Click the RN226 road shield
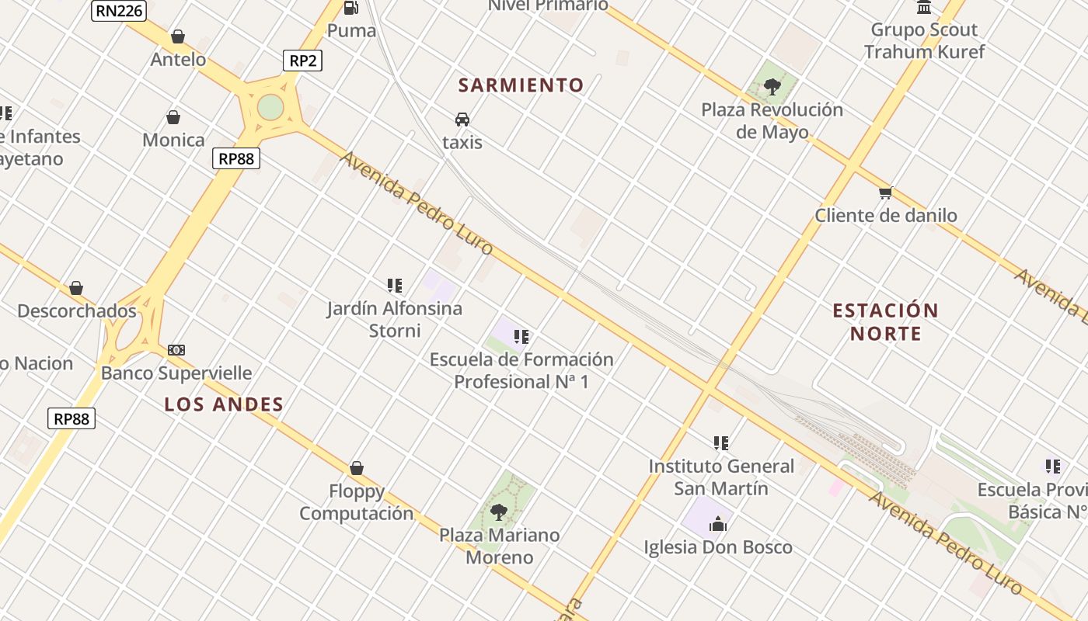(x=119, y=10)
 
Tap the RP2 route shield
(x=302, y=61)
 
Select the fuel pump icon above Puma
(x=351, y=8)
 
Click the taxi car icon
(x=462, y=120)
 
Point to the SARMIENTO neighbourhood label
(x=521, y=85)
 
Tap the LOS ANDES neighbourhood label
(x=224, y=404)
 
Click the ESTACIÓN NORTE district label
(x=885, y=322)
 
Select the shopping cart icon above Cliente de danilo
(x=885, y=193)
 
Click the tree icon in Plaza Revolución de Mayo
(x=772, y=86)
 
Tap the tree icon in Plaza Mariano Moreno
(x=499, y=512)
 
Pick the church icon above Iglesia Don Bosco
(x=717, y=524)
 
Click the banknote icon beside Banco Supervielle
(x=176, y=350)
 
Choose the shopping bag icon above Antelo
(x=178, y=36)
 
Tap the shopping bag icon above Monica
(x=173, y=117)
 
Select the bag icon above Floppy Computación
(x=357, y=468)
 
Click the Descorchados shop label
(x=77, y=311)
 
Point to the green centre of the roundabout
(x=270, y=107)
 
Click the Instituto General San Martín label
(x=721, y=477)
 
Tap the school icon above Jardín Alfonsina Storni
(x=394, y=286)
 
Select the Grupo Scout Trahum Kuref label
(x=924, y=41)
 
